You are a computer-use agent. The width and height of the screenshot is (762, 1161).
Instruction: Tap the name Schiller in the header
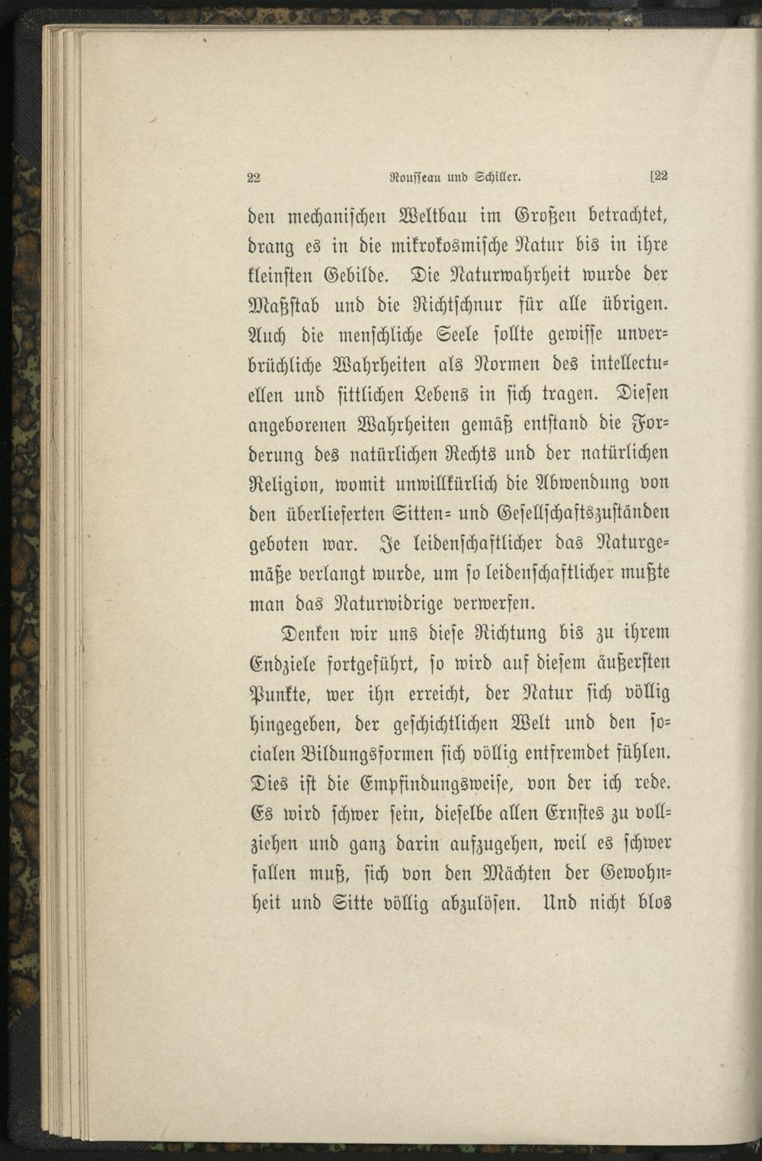(x=498, y=177)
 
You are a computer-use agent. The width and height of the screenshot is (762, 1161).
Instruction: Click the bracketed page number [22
(x=658, y=176)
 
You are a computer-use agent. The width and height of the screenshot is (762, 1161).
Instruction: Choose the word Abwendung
(x=565, y=483)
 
